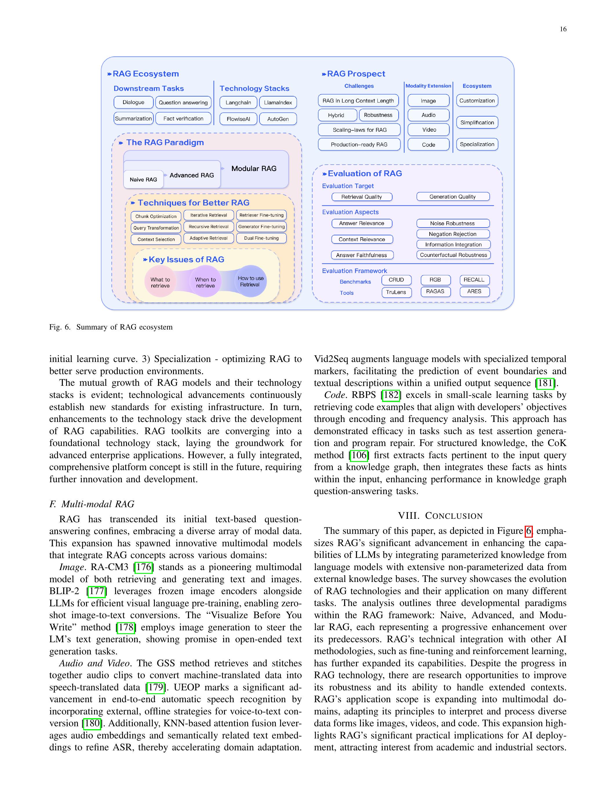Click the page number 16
(563, 29)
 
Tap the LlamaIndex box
(278, 103)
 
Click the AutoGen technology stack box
(278, 119)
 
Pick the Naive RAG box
(143, 180)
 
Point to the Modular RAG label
(254, 169)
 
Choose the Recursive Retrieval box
(208, 227)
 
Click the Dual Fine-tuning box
(261, 238)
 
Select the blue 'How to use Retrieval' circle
(250, 281)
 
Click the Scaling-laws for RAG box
(359, 130)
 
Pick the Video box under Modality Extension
(429, 130)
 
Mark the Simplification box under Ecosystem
(477, 123)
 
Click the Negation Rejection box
(453, 234)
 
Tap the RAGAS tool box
(435, 292)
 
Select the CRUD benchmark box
(396, 280)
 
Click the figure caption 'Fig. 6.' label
(60, 327)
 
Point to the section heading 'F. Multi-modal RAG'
(92, 504)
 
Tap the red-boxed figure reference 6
(528, 531)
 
